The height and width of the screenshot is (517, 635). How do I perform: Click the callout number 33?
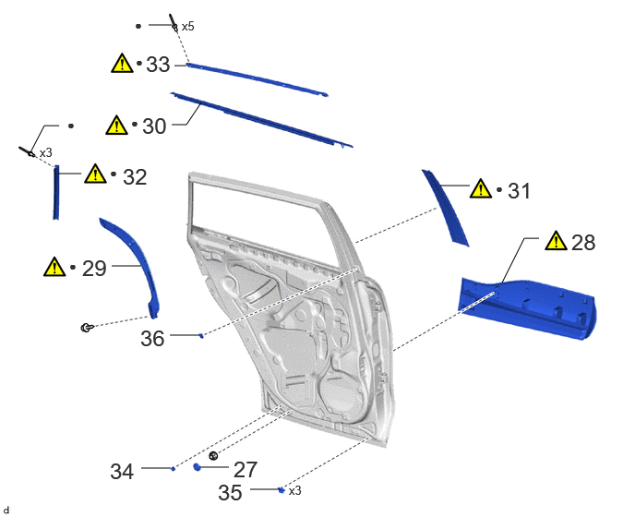click(x=158, y=65)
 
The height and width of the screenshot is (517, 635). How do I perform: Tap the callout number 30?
click(x=154, y=126)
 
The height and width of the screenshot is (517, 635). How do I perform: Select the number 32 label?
click(x=135, y=177)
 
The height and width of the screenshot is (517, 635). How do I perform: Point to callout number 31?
click(x=519, y=191)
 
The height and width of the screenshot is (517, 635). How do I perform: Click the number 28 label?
click(x=583, y=242)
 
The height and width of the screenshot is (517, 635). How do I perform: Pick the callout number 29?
click(x=94, y=269)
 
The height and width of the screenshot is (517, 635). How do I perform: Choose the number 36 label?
click(x=152, y=338)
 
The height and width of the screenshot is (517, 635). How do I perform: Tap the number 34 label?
click(x=122, y=472)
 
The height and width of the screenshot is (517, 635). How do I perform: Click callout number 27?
click(x=246, y=470)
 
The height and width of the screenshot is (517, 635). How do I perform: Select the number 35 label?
click(x=230, y=493)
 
